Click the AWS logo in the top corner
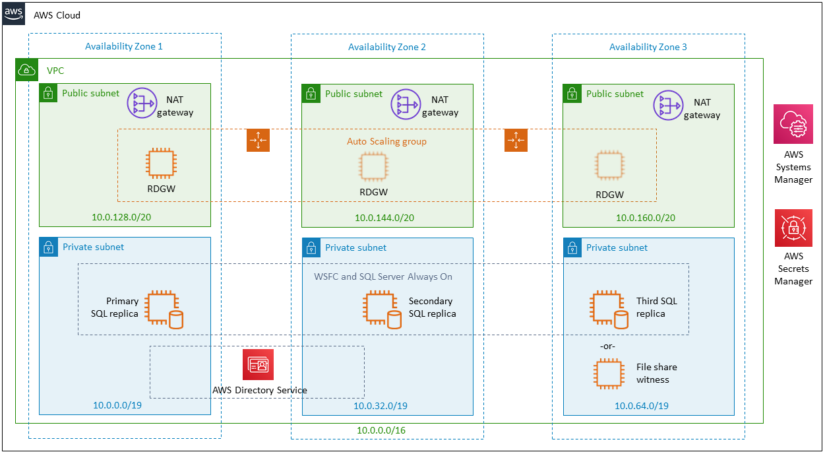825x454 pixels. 14,14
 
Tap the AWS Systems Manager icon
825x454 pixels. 793,124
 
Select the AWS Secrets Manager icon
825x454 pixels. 793,228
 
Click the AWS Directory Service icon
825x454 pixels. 258,364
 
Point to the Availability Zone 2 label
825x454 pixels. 386,47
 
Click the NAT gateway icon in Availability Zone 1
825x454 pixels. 142,103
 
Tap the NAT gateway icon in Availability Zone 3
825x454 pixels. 668,105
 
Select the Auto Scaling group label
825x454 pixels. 386,141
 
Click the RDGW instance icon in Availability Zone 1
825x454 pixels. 161,163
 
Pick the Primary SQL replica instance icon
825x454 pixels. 164,309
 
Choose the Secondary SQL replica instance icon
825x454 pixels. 382,309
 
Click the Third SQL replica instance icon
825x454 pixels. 609,309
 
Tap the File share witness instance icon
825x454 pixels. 609,374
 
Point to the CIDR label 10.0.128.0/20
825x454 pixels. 121,217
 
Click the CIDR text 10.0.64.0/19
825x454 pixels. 641,406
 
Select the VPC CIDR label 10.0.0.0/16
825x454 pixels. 381,430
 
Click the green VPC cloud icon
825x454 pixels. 27,70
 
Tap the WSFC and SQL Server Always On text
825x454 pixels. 383,276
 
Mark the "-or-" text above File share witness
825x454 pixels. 607,346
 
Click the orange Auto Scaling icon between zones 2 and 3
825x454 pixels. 516,141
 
